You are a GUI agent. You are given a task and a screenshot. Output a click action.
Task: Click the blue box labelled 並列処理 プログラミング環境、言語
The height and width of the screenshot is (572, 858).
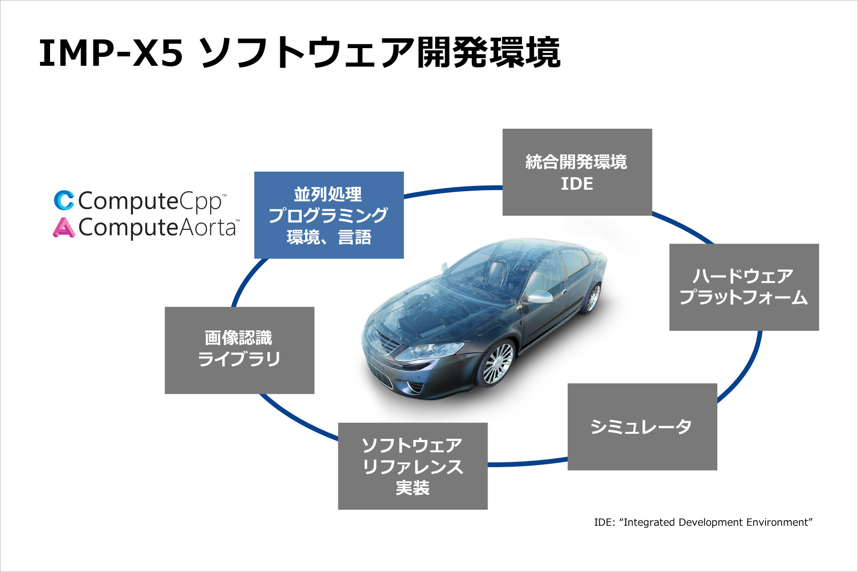coord(329,215)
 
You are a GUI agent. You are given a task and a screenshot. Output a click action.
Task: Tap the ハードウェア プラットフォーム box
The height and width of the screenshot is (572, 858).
coord(744,287)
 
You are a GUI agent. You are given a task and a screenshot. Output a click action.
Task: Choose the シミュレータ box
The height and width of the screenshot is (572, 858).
coord(642,427)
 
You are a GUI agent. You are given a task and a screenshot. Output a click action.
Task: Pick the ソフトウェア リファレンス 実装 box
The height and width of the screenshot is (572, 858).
coord(412,466)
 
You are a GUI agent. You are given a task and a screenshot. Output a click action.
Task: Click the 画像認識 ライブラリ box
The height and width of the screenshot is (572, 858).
coord(239,350)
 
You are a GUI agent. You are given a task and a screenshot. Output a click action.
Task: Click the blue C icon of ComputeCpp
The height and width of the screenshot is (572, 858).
coord(64,201)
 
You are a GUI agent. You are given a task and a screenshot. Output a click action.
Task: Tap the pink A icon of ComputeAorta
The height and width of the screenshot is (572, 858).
coord(63,227)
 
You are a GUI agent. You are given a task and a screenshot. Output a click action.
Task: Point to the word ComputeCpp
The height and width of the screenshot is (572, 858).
coord(150,201)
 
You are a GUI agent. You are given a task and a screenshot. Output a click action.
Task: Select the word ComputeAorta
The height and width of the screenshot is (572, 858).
coord(157,228)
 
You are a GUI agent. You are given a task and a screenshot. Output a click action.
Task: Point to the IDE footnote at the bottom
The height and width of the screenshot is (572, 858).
coord(703,522)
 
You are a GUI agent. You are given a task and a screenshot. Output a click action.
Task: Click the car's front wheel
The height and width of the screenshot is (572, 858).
coord(497,365)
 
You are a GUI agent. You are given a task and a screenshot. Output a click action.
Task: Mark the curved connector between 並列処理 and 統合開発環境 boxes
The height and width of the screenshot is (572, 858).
coord(453,190)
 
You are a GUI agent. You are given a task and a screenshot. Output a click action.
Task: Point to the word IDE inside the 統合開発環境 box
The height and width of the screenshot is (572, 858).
coord(577,184)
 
